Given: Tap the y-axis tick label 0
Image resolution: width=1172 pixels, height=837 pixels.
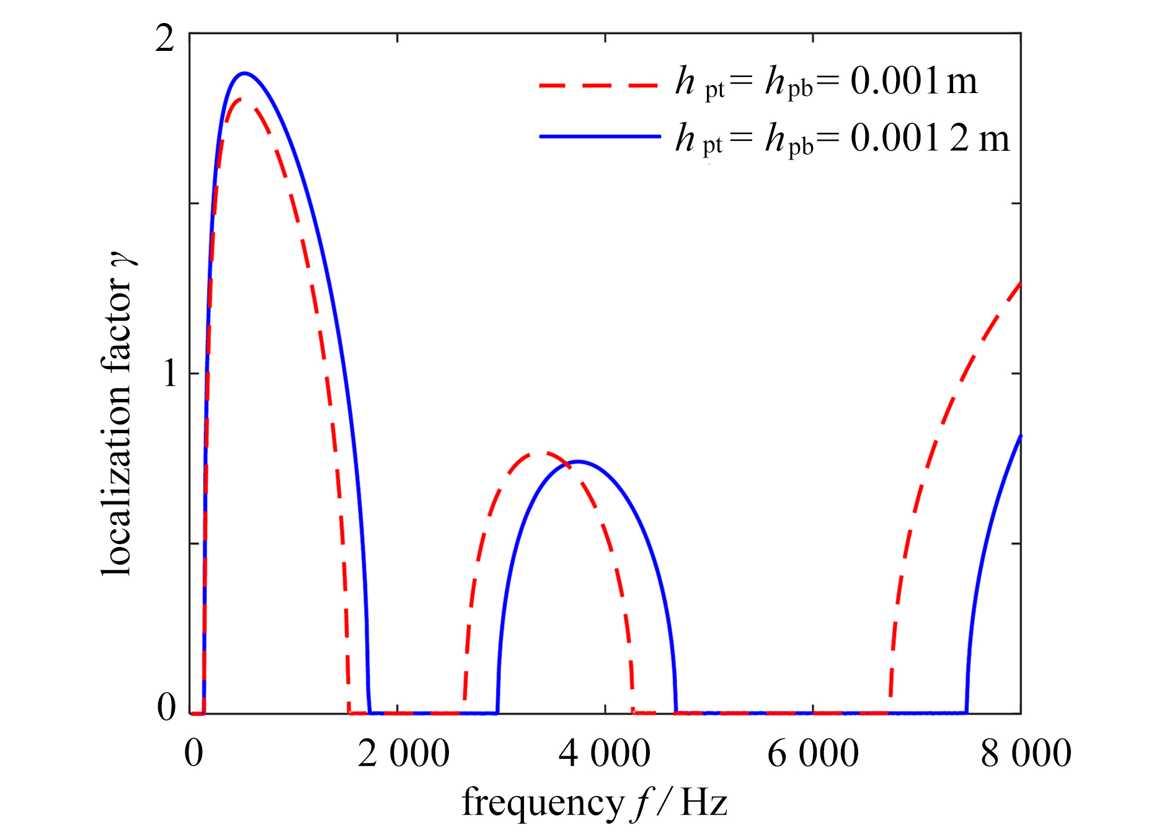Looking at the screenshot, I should pos(166,707).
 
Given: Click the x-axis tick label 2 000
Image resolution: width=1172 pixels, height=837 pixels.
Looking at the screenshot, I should pos(403,753).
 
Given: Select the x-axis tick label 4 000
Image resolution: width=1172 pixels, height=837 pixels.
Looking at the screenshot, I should pos(604,753).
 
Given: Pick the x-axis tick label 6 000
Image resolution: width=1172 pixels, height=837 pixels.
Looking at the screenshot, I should pos(812,753).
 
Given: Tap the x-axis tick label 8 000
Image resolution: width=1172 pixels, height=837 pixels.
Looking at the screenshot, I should pos(1026,753).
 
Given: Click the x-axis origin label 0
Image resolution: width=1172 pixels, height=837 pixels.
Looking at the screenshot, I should pos(193,753).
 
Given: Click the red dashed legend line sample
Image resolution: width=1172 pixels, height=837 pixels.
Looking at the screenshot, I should pos(598,85).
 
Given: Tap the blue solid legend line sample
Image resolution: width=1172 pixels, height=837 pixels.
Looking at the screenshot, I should pos(600,137).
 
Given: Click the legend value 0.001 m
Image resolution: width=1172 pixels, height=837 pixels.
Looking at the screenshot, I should pos(913,81).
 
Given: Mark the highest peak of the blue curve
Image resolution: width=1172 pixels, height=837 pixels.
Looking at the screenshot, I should pos(245,73).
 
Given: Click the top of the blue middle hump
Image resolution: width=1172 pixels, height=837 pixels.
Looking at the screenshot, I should pos(578,461).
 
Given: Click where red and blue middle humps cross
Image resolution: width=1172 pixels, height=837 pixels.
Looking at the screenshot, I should pos(568,463).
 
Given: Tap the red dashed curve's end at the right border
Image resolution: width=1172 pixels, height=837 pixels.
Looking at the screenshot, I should pos(1019,284).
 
